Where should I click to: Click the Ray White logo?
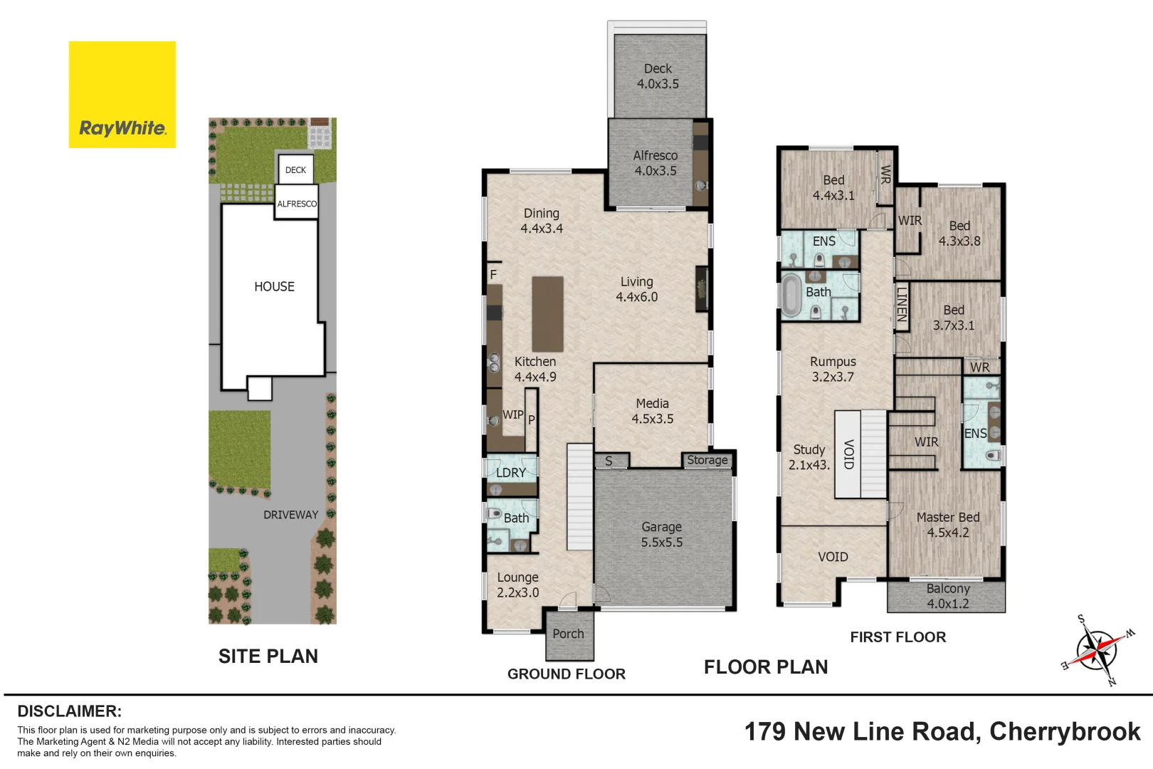(x=122, y=95)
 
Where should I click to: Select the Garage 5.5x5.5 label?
(x=661, y=534)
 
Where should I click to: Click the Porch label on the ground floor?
(x=568, y=634)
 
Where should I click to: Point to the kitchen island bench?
(x=548, y=314)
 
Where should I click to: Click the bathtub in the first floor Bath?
(x=791, y=295)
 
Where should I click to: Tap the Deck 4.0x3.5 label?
(x=658, y=76)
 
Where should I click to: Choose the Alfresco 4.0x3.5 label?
(x=656, y=163)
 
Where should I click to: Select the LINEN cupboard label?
(x=901, y=305)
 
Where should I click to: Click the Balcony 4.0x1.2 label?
(x=947, y=596)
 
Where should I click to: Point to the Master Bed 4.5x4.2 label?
(x=947, y=524)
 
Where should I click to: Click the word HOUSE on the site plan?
(x=274, y=286)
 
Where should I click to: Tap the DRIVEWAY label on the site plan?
(x=291, y=515)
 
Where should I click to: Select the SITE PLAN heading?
(x=268, y=656)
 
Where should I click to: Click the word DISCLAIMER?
(x=70, y=711)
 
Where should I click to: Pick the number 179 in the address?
(x=765, y=731)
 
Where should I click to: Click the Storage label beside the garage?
(x=707, y=460)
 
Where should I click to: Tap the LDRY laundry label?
(x=510, y=472)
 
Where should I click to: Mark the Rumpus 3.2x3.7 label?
(x=833, y=369)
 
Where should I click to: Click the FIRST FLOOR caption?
(x=898, y=637)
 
